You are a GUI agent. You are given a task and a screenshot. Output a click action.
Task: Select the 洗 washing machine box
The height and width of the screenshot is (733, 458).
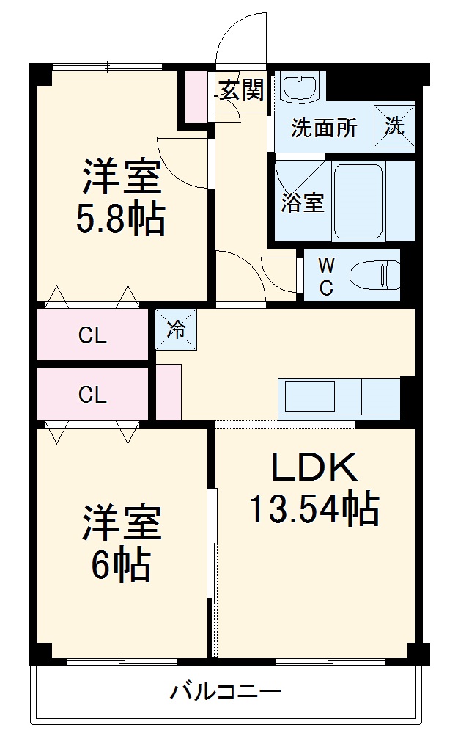point(394,125)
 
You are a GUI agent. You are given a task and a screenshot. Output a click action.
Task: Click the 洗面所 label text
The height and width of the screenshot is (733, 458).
point(324,128)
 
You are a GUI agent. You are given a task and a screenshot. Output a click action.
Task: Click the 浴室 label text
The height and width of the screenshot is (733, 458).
point(303,203)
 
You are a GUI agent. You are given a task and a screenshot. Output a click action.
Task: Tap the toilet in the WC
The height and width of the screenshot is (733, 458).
point(374,276)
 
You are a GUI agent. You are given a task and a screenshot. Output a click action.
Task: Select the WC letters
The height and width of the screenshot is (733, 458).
point(326,276)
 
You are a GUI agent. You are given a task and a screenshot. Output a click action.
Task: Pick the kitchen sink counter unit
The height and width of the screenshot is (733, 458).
point(339,398)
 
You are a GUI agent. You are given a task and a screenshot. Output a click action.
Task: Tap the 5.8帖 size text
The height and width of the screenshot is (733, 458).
point(121,219)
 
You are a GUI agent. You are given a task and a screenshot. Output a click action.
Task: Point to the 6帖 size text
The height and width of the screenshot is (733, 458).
point(121,564)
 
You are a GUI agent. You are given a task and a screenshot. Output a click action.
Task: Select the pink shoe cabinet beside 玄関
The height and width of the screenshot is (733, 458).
point(196,96)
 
